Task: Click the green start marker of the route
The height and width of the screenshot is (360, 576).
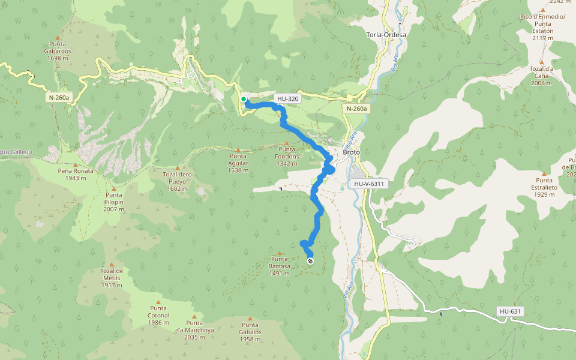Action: coord(243,99)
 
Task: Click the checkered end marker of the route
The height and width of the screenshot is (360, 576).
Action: coord(310,261)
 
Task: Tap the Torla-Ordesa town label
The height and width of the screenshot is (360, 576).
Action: coord(386,35)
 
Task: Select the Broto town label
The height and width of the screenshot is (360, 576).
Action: coord(351,152)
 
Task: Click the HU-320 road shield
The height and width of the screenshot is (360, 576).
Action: coord(287,98)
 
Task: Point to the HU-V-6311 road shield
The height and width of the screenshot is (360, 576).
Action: coord(368,184)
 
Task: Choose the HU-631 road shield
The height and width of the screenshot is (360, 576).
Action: coord(510,311)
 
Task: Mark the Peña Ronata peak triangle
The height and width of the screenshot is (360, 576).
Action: coord(76,164)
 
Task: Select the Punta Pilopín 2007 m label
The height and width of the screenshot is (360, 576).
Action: coord(114,202)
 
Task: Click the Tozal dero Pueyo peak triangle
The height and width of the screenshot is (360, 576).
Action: coord(177,168)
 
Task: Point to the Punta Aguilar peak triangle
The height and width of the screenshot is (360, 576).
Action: coord(238,150)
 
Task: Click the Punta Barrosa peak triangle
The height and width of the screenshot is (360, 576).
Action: coord(280,253)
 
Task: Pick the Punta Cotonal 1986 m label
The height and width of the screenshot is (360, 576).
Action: coord(159,319)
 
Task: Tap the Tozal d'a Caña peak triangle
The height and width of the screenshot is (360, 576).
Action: coord(541,62)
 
